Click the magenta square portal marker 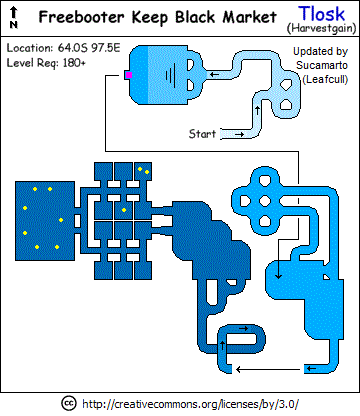tap(129, 75)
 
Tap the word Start tap(202, 134)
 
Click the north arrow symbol tap(14, 17)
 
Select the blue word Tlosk tap(321, 14)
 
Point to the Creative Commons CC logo tap(69, 403)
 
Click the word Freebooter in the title tap(82, 17)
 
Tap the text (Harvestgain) tap(322, 28)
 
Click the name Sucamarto tap(322, 65)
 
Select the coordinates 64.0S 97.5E tap(89, 48)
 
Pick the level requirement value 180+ tap(74, 62)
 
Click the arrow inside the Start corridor tap(240, 134)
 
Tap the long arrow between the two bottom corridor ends tap(268, 369)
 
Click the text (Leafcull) tap(325, 80)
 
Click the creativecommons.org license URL tap(190, 404)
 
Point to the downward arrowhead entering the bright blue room tap(278, 276)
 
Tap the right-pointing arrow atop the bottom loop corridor tap(244, 328)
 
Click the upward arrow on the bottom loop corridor tap(223, 346)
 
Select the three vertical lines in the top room tap(170, 75)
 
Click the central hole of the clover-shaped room tap(265, 201)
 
